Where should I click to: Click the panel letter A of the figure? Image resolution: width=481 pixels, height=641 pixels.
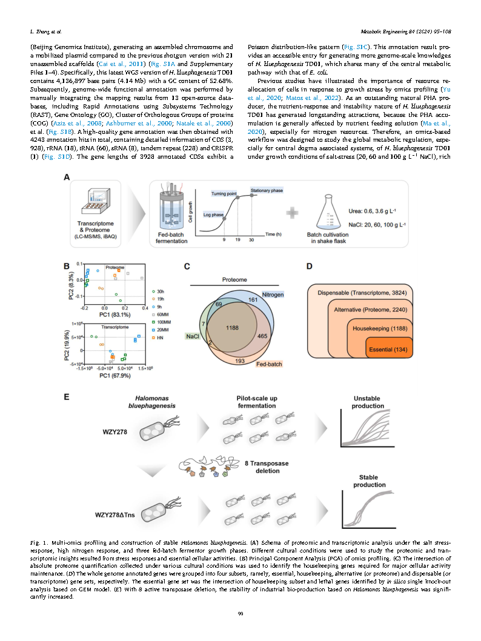[68, 177]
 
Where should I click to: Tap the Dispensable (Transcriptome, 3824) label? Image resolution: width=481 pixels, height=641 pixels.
[366, 293]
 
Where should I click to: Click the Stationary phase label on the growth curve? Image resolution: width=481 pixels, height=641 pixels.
[267, 190]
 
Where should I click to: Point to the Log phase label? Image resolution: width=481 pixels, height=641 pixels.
[213, 215]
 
